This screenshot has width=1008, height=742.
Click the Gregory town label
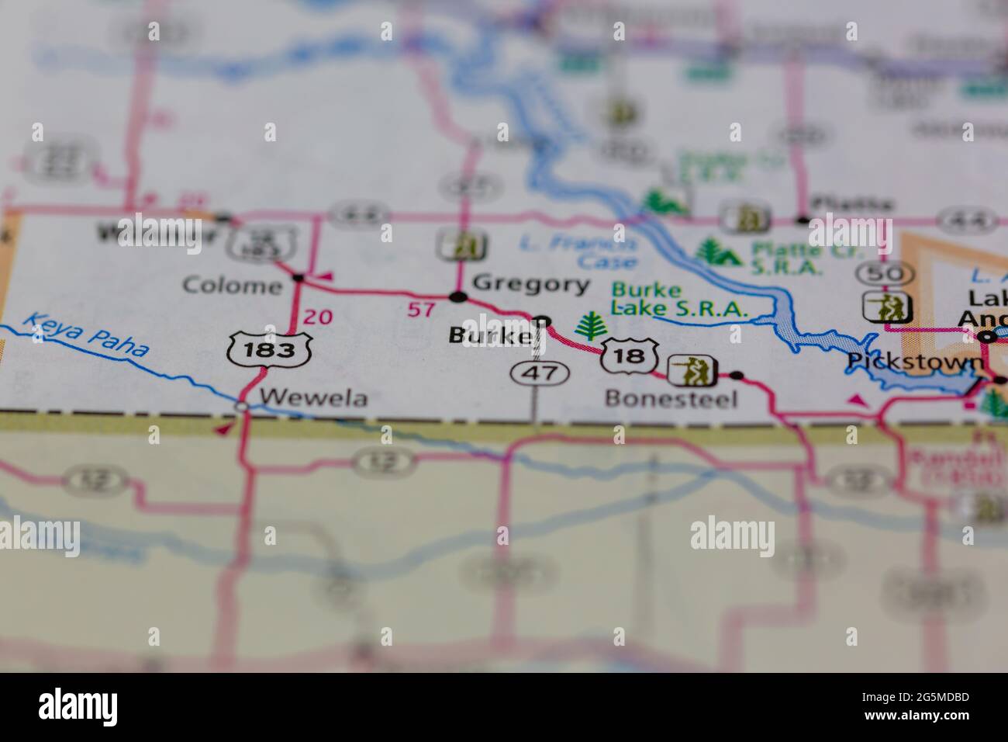click(x=530, y=284)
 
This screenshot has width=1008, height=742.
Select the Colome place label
click(x=232, y=286)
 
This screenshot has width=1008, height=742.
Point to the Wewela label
click(x=313, y=397)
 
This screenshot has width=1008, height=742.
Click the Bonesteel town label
click(x=671, y=399)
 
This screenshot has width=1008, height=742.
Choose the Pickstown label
click(x=915, y=362)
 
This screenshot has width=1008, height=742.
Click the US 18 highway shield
click(x=632, y=356)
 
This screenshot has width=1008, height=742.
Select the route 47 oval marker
click(x=540, y=373)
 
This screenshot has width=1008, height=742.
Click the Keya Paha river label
click(x=85, y=335)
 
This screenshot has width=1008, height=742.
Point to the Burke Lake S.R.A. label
click(x=679, y=300)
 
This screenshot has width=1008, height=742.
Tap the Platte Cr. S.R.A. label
click(x=785, y=259)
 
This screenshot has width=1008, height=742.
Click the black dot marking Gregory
click(x=458, y=296)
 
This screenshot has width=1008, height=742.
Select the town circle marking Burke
click(x=543, y=321)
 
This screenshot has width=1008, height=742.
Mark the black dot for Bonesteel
click(x=737, y=376)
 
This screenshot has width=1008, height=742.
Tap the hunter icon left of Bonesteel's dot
click(x=692, y=372)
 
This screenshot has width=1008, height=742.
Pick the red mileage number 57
click(x=421, y=310)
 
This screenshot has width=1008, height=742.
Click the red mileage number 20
click(x=318, y=317)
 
